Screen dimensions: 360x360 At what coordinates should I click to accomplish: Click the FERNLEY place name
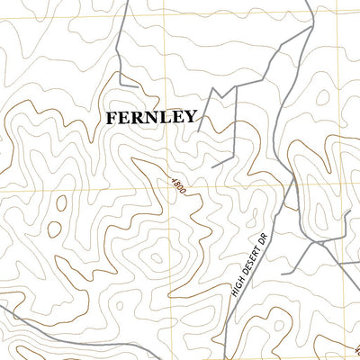pos(151,117)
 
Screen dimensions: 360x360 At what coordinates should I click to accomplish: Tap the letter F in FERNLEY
pos(111,117)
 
